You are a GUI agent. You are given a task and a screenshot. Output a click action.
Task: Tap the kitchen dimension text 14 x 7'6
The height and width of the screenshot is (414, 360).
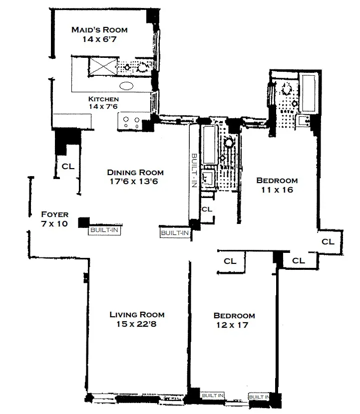[x=103, y=107]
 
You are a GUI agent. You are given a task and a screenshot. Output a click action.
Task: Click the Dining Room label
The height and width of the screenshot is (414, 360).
[x=135, y=173]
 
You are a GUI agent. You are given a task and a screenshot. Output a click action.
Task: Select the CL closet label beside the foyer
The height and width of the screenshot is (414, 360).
[x=68, y=167]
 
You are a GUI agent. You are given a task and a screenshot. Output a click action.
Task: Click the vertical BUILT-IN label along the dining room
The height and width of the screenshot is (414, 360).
[x=194, y=170]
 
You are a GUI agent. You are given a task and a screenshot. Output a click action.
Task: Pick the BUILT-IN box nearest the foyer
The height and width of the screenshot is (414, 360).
[x=105, y=230]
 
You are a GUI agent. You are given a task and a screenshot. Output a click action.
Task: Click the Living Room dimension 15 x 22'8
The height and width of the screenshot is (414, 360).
[x=137, y=324]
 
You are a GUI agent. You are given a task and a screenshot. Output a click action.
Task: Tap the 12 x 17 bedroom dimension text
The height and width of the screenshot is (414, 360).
[x=234, y=325]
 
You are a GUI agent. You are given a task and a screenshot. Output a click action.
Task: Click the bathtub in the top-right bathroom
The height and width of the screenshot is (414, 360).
[x=307, y=93]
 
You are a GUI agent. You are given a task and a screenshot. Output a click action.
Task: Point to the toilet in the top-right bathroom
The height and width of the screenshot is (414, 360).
[x=287, y=90]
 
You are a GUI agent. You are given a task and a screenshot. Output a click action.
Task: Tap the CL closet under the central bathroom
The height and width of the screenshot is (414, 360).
[x=206, y=209]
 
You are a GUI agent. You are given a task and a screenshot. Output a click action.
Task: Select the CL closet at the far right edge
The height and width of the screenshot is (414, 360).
[x=328, y=241]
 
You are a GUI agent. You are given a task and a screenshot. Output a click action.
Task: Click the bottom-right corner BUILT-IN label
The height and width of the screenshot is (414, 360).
[x=259, y=397]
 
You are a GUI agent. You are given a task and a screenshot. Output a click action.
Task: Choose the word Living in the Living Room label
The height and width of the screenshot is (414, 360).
[x=123, y=315]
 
